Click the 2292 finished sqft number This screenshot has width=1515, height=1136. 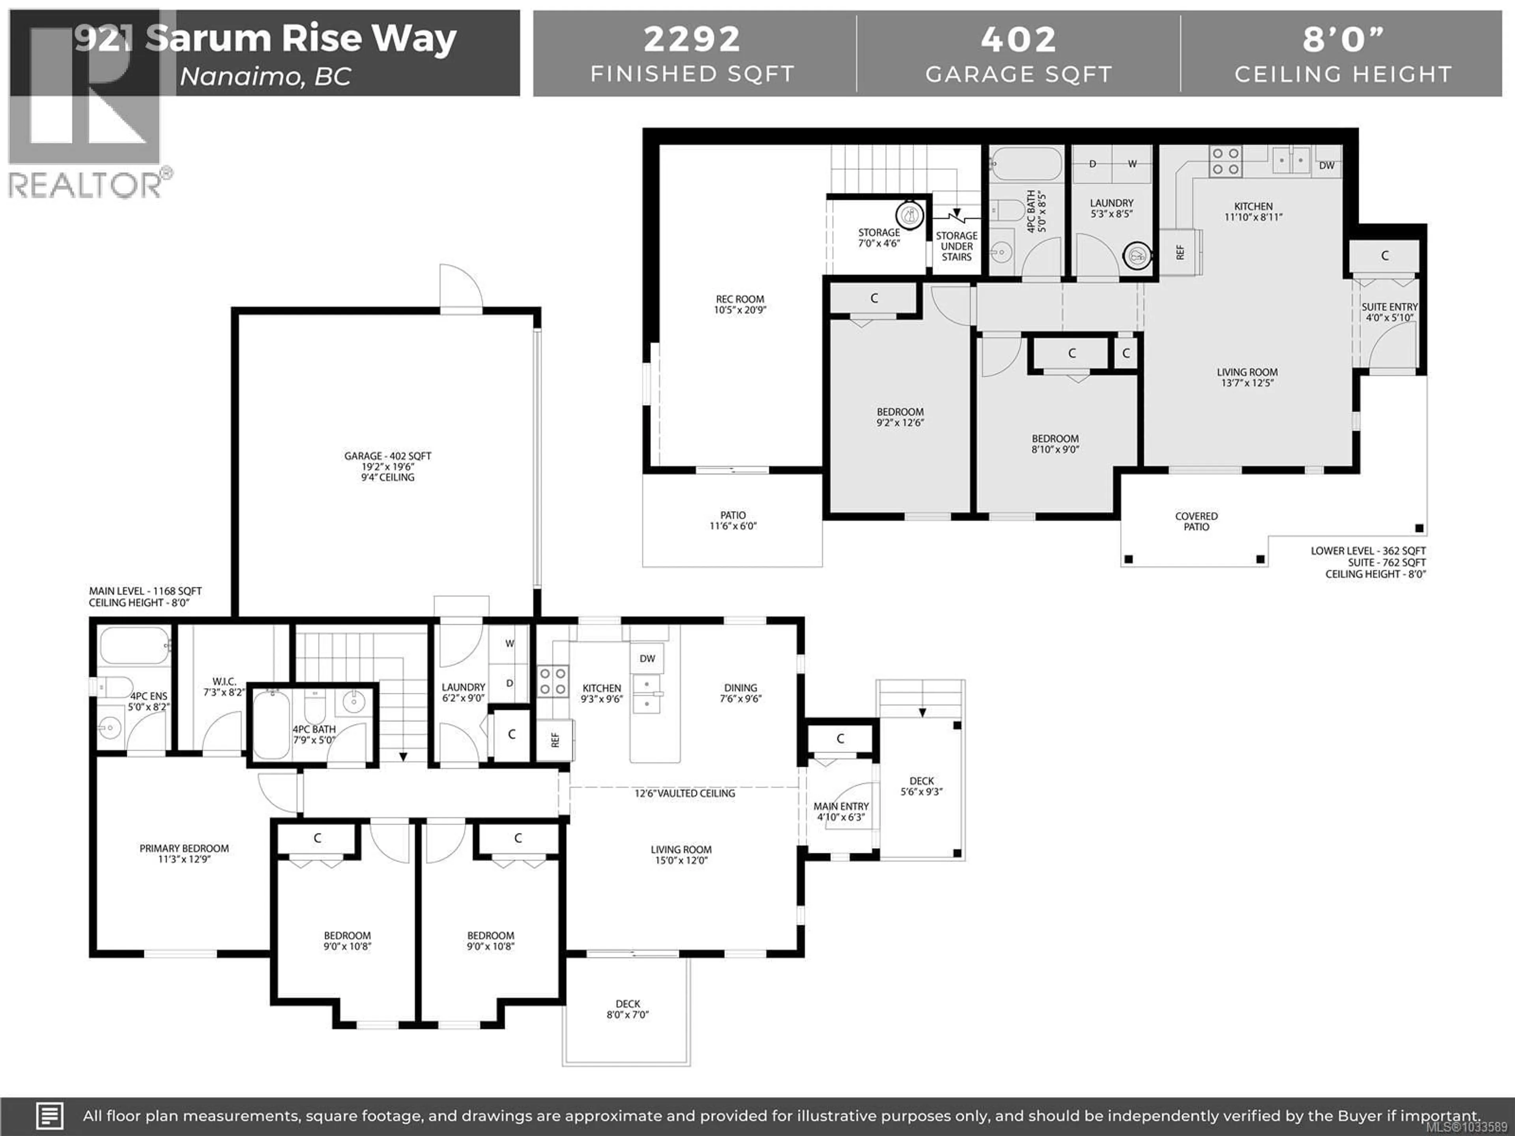coord(692,39)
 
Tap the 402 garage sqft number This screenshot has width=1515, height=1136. coord(1018,39)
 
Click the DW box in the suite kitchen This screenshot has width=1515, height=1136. coord(1327,165)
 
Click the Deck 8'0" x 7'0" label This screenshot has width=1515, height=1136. coord(627,1009)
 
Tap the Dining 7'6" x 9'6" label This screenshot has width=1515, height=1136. coord(741,692)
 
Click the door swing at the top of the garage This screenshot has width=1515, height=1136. coord(460,288)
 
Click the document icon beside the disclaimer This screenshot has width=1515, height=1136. coord(49,1115)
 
